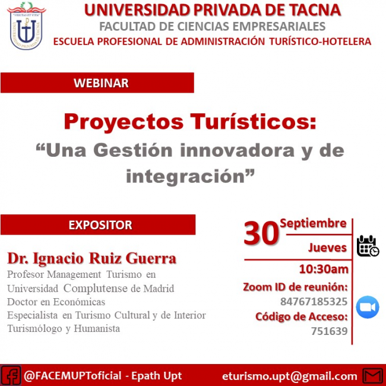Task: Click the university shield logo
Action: (26, 26)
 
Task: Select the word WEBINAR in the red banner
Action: (101, 83)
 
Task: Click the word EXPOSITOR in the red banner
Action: (100, 225)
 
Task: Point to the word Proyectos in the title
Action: (124, 122)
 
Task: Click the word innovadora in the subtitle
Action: (238, 150)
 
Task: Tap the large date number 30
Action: (261, 233)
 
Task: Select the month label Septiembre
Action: (313, 223)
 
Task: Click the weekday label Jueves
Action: (327, 248)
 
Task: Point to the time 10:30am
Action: (324, 269)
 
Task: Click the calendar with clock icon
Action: (368, 246)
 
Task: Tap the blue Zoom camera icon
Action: (368, 307)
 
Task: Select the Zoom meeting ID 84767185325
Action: (314, 302)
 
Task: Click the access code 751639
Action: (330, 331)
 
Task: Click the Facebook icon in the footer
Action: (11, 375)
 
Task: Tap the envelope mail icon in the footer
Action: (373, 376)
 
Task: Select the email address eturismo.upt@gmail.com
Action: (290, 376)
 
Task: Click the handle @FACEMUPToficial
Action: (72, 376)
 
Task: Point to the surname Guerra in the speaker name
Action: (151, 258)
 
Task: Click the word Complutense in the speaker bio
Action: (96, 288)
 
